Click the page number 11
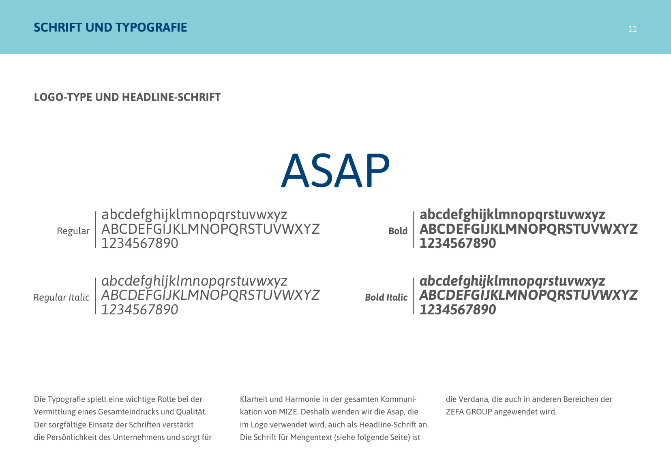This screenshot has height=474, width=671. pyautogui.click(x=632, y=29)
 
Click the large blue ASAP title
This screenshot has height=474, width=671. pyautogui.click(x=335, y=171)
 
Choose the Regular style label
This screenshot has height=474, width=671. pyautogui.click(x=73, y=231)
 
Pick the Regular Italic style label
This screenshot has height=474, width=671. pyautogui.click(x=61, y=297)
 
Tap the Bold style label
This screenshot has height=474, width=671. pyautogui.click(x=398, y=231)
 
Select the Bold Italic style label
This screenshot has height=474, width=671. pyautogui.click(x=386, y=297)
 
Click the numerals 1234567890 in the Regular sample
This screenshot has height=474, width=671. pyautogui.click(x=139, y=243)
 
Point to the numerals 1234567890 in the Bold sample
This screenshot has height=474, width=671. pyautogui.click(x=458, y=243)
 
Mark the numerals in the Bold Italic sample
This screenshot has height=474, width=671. pyautogui.click(x=458, y=310)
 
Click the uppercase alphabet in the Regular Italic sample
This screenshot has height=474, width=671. pyautogui.click(x=210, y=295)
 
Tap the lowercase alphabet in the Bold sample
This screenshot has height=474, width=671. pyautogui.click(x=512, y=215)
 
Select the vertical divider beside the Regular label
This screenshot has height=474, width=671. pyautogui.click(x=96, y=229)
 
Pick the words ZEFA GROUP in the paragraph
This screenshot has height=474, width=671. pyautogui.click(x=469, y=412)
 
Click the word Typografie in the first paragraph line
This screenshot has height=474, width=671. pyautogui.click(x=66, y=399)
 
